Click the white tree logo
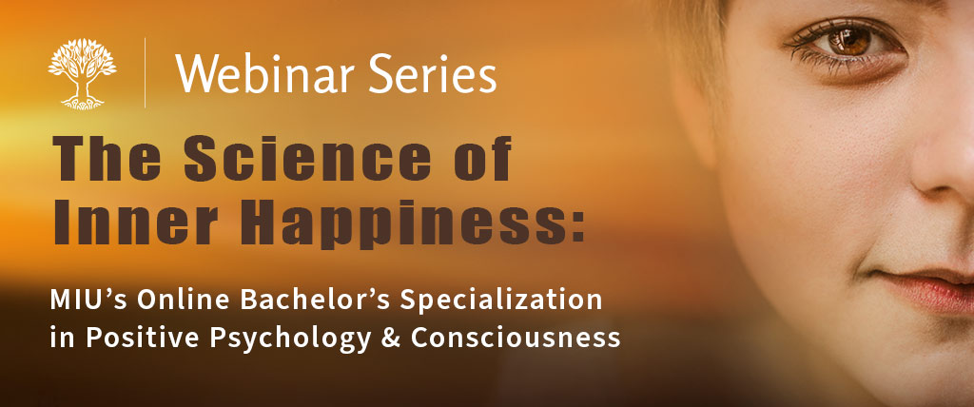82,73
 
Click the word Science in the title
307,158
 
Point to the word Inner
137,222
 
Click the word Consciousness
516,338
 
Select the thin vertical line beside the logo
146,72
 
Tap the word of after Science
481,158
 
